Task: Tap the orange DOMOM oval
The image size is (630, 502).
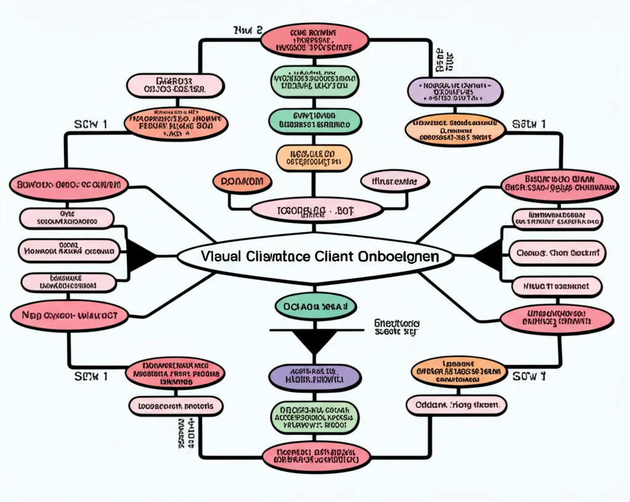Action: coord(242,181)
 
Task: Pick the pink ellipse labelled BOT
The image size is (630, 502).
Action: coord(316,210)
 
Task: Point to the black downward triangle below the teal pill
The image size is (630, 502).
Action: coord(315,342)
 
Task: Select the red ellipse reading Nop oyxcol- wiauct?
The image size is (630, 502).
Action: coord(70,315)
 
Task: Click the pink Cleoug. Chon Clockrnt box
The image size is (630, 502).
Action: coord(557,253)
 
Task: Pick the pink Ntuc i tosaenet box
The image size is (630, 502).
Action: coord(557,285)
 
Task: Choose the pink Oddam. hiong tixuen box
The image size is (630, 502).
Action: coord(456,405)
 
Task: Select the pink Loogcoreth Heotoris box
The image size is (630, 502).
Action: coord(176,405)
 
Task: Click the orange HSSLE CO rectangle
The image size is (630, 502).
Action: coord(314,158)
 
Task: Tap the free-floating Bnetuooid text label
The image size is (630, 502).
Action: coord(397,327)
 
